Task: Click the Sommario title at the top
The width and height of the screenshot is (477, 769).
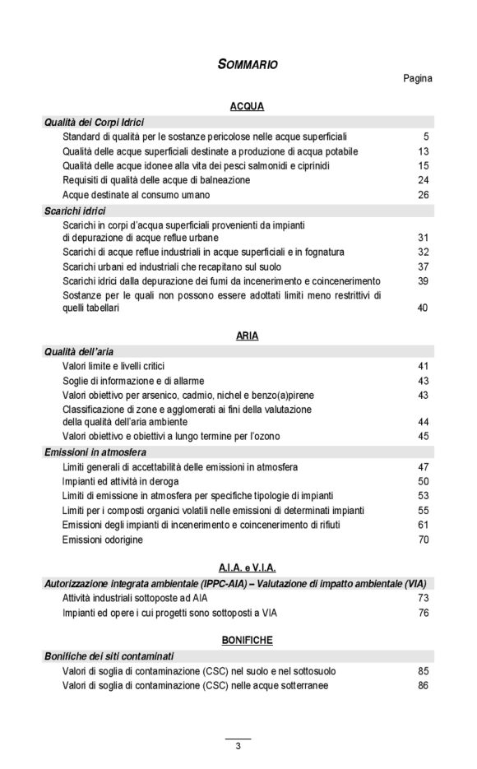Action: pos(247,64)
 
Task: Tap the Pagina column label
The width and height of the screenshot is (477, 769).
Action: pos(417,79)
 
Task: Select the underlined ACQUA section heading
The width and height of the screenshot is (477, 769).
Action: pos(247,107)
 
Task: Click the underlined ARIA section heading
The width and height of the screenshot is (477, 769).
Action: pos(247,336)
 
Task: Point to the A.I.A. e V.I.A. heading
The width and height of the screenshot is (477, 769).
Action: pos(247,567)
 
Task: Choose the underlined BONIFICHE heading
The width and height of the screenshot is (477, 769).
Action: pos(247,639)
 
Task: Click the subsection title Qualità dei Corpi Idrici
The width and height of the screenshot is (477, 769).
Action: pos(94,122)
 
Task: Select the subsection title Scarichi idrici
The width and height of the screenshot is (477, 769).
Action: pos(76,211)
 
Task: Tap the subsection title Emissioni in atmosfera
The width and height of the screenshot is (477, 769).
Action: pos(95,452)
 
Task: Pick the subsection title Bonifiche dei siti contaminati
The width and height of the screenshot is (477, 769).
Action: pos(109,656)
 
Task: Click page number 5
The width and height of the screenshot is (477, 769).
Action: pos(426,137)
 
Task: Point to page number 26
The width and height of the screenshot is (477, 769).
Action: pos(423,195)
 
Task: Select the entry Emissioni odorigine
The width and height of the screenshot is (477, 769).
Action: pos(103,540)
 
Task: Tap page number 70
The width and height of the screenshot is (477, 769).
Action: pos(423,540)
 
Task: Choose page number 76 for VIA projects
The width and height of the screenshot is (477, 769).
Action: pos(423,612)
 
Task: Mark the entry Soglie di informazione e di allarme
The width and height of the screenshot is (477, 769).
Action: pos(133,381)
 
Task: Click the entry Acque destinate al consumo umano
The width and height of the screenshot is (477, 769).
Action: pos(136,195)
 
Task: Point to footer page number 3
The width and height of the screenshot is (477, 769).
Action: pos(238,747)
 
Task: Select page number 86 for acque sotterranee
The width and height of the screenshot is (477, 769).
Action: pos(423,685)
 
